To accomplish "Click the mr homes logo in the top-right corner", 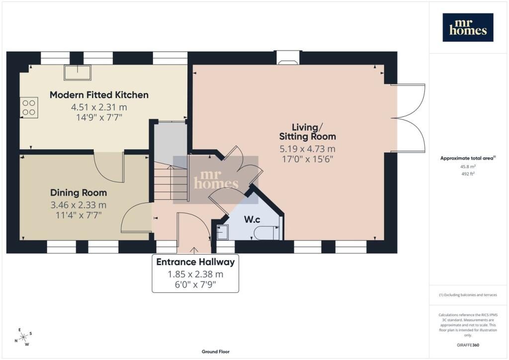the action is coord(468,27).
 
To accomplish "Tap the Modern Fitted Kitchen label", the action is coord(99,95).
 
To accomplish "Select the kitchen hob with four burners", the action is coord(29,107).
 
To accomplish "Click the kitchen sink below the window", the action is coord(78,73).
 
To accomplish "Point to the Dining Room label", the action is coord(79,192).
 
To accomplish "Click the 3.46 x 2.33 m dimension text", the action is coord(79,205).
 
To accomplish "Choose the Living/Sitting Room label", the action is coord(307,132).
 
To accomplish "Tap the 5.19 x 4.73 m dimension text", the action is coord(307,149).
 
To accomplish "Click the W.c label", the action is coord(252,219).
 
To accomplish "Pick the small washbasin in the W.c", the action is coord(223,232).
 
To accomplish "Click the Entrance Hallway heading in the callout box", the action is coord(195,262).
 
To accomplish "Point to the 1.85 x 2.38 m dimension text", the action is coord(195,274).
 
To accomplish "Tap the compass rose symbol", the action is coord(23,337).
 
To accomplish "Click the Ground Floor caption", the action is coord(216,352).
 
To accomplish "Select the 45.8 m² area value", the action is coord(468,167).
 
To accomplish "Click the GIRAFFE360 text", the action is coord(468,345).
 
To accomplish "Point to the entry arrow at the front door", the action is coord(194,250).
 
